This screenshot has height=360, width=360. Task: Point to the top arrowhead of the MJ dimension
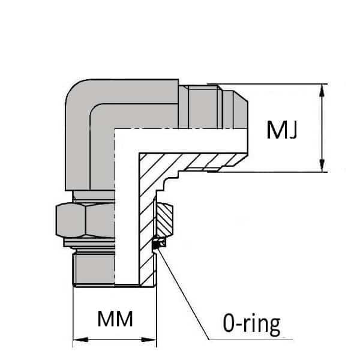(x=323, y=90)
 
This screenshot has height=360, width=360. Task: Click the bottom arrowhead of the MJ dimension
(x=323, y=166)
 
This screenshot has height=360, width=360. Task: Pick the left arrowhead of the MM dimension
(x=79, y=341)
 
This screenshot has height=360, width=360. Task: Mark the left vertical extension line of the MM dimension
(x=73, y=312)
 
